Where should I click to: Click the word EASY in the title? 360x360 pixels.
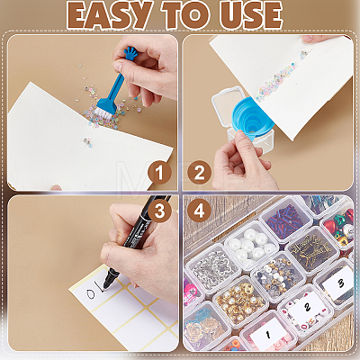click(109, 15)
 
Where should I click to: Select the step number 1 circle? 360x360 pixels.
click(159, 172)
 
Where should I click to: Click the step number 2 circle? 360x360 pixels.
click(200, 172)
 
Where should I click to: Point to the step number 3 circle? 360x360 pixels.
click(159, 211)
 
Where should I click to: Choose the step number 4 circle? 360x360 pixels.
click(200, 211)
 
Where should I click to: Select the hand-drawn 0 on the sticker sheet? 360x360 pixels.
click(91, 293)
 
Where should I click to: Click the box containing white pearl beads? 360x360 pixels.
click(251, 245)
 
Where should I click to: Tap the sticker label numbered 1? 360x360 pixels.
click(268, 334)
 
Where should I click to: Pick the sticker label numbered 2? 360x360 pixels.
click(307, 307)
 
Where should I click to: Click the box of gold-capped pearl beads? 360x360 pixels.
click(240, 301)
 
